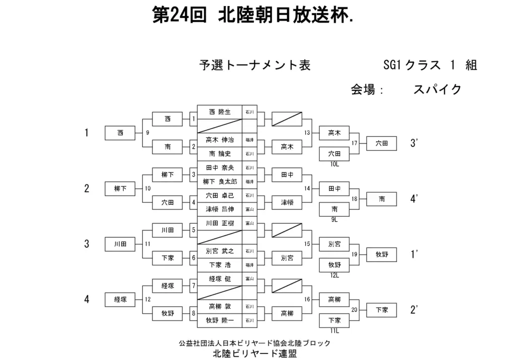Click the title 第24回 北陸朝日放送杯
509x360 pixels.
pos(254,16)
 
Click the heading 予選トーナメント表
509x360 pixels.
pos(254,65)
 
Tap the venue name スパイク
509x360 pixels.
pos(437,90)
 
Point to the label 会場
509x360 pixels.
pos(363,90)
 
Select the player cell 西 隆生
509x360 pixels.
pos(219,112)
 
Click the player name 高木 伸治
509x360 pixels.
pos(219,140)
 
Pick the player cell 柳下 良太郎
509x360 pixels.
pos(219,181)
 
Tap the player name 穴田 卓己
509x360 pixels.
pos(219,195)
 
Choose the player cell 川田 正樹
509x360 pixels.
pos(219,223)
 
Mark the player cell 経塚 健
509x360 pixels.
pos(219,278)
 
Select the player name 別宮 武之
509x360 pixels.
pos(219,251)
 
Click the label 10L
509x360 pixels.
pos(335,164)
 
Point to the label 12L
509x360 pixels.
pos(335,275)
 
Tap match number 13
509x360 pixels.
pos(307,133)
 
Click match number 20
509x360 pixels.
pos(354,309)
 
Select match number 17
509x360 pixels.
pos(354,143)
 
